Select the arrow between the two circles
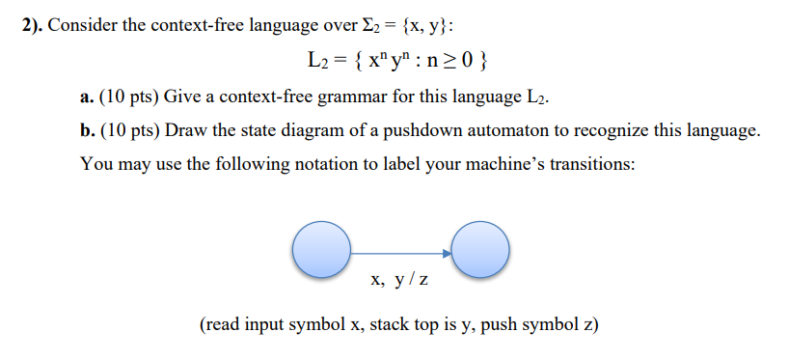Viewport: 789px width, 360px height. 400,254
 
